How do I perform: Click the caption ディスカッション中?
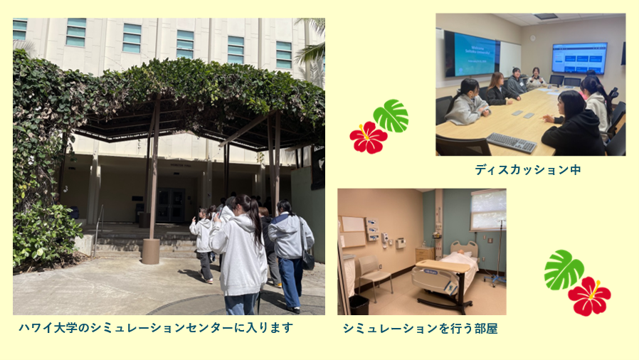[528, 169]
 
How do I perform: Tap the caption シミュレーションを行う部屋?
[420, 328]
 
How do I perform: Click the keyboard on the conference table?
[512, 142]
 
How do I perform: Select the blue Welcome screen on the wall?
[475, 55]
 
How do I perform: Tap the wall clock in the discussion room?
[533, 38]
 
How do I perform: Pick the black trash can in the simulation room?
[359, 305]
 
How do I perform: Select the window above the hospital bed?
[488, 210]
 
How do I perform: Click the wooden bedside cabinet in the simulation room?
[425, 254]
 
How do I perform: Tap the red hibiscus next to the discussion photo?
[369, 137]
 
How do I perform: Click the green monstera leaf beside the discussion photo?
[391, 116]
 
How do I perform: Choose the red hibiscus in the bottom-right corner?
[589, 296]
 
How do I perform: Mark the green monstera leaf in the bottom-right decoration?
[564, 270]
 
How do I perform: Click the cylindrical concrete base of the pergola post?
[150, 251]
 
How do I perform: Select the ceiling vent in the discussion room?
[546, 16]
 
